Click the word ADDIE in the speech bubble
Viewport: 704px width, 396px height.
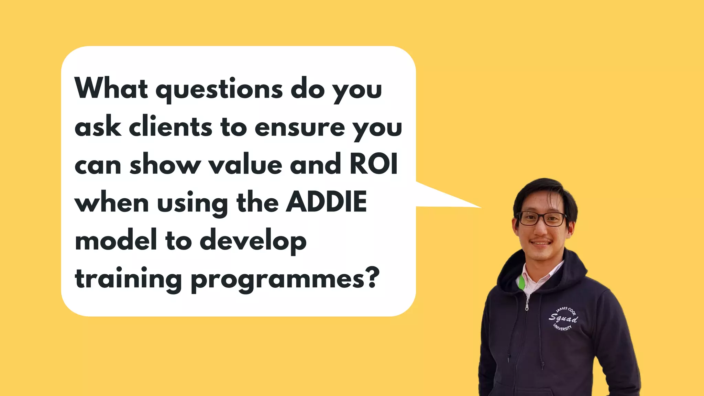(327, 202)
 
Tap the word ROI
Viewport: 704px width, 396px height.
(374, 164)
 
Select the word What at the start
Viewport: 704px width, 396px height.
(111, 88)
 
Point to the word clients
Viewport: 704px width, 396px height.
(170, 127)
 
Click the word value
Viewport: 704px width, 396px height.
(245, 164)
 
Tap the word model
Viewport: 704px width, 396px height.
(116, 240)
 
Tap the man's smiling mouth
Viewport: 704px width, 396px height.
(541, 243)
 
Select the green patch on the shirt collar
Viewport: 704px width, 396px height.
(521, 282)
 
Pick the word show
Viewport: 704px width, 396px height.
(165, 164)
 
